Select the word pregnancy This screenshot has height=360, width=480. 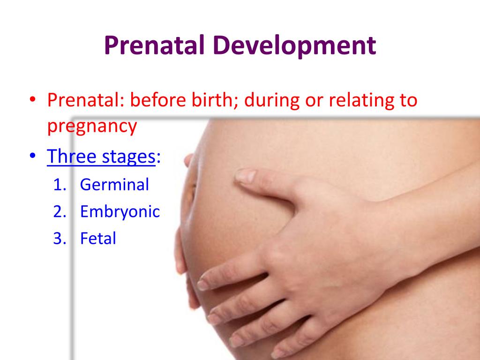click(x=92, y=127)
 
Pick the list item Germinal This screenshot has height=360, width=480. click(x=114, y=184)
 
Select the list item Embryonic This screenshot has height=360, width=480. click(x=120, y=212)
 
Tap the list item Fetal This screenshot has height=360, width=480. click(x=98, y=239)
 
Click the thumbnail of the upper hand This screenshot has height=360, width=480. click(x=245, y=176)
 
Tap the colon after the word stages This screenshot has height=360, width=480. click(x=158, y=158)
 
